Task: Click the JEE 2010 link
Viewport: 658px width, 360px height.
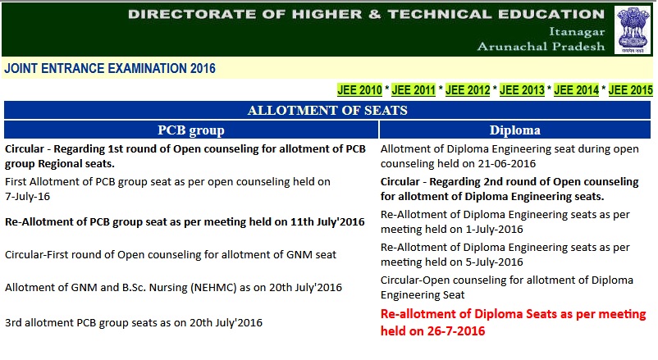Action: pyautogui.click(x=359, y=89)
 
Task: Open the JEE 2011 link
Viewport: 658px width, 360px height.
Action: pyautogui.click(x=414, y=89)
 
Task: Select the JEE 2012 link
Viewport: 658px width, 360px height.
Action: pyautogui.click(x=468, y=89)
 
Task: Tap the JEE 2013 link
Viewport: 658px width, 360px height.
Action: pyautogui.click(x=522, y=89)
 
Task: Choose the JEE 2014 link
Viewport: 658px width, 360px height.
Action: pyautogui.click(x=576, y=89)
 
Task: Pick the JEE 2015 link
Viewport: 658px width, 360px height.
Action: pyautogui.click(x=630, y=89)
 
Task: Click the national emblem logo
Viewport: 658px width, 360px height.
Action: pyautogui.click(x=633, y=30)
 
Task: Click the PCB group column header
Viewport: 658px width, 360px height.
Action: pyautogui.click(x=191, y=130)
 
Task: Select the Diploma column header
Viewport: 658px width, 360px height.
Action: pyautogui.click(x=515, y=130)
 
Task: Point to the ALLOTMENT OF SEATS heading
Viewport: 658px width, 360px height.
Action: pyautogui.click(x=327, y=111)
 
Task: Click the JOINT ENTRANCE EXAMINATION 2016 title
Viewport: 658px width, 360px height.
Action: pyautogui.click(x=110, y=68)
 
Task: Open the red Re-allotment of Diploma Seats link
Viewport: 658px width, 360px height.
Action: pyautogui.click(x=513, y=322)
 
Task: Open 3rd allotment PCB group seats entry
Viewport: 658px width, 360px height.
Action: pyautogui.click(x=134, y=322)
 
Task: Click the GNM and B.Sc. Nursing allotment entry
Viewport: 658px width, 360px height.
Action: pyautogui.click(x=173, y=287)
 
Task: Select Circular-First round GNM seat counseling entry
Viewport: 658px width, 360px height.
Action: pyautogui.click(x=171, y=255)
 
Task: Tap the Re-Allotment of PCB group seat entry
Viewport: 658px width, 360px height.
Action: pyautogui.click(x=185, y=222)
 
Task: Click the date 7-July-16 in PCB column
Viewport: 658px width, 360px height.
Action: pyautogui.click(x=27, y=196)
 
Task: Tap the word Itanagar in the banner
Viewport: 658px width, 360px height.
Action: pyautogui.click(x=577, y=32)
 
